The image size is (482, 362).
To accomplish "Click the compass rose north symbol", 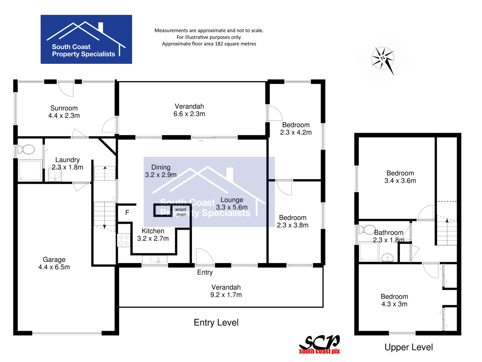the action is (x=383, y=59).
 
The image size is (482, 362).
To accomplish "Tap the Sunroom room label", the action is (x=64, y=108).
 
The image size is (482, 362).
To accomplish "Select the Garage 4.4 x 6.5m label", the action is (x=54, y=263).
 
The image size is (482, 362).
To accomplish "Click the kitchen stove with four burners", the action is (x=124, y=240).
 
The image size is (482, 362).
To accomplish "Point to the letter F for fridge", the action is (x=127, y=212).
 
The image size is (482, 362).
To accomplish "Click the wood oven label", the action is (x=181, y=212).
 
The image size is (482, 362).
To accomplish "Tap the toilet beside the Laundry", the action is (x=26, y=149).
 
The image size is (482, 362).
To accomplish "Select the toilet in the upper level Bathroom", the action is (x=367, y=230).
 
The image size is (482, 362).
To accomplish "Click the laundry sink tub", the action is (x=55, y=175).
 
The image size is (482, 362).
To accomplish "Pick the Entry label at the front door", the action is (x=205, y=272).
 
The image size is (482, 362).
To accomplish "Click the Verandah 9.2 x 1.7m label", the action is (x=226, y=291).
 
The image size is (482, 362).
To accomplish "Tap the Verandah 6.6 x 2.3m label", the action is (x=189, y=110).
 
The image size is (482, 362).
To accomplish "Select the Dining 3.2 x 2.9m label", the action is (x=161, y=171).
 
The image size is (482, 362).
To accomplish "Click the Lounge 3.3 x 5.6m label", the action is (x=232, y=203).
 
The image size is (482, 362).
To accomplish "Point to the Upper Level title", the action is (x=409, y=347).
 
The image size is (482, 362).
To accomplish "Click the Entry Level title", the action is (x=216, y=323).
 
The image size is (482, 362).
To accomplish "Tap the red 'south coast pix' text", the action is (x=319, y=351).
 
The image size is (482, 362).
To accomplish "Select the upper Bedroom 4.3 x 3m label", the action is (x=394, y=300).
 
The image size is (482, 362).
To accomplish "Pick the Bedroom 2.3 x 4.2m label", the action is (x=296, y=129).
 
